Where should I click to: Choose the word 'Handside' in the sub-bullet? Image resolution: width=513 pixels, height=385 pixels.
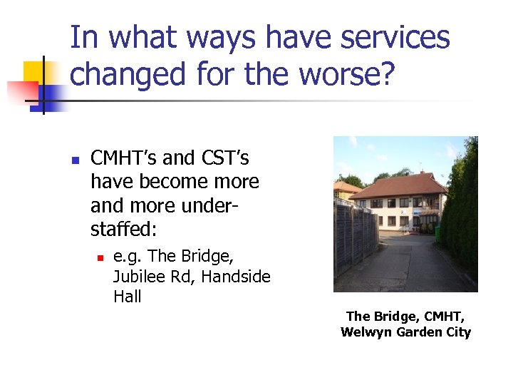[236, 276]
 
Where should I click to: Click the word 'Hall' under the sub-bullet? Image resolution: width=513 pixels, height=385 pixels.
[128, 296]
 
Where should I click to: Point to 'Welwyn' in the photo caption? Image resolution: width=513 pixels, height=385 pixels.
[365, 332]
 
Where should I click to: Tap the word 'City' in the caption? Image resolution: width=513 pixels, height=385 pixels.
[457, 332]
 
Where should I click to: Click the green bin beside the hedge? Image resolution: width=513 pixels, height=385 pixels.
[437, 233]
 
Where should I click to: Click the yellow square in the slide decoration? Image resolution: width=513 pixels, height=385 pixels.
[38, 75]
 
